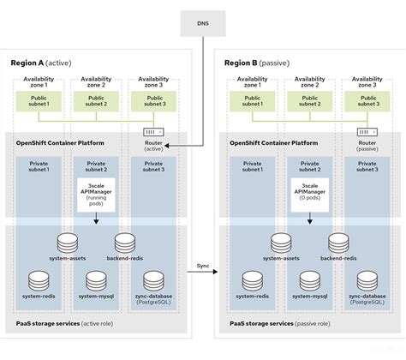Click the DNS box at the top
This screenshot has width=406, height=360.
point(202,22)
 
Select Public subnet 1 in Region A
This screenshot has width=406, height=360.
point(40,102)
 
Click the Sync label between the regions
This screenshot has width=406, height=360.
point(202,266)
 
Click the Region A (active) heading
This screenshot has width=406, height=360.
point(44,63)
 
